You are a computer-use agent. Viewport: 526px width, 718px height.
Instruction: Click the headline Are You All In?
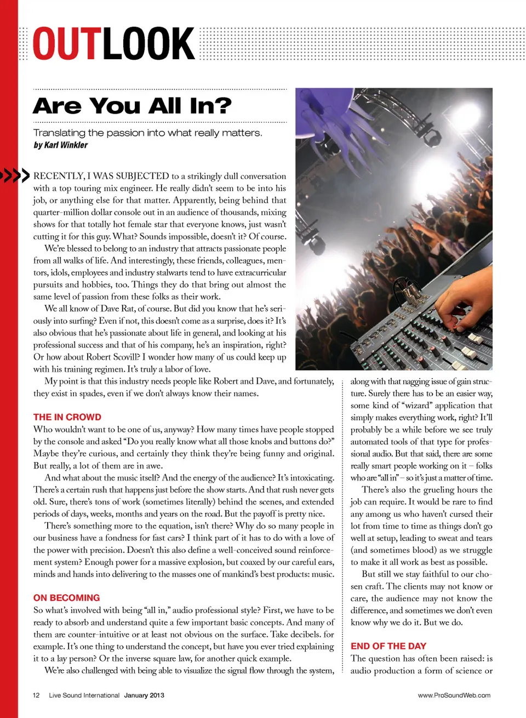132,106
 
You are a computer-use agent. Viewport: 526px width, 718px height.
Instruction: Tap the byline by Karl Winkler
60,145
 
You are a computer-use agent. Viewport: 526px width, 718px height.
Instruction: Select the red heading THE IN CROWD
67,417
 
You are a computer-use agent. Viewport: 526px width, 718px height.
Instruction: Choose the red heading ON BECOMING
66,598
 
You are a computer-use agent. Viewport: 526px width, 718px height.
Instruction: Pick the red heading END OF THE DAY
388,646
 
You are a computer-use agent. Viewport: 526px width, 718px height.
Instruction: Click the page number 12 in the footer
36,696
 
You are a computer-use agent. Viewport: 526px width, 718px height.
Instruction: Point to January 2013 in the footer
144,696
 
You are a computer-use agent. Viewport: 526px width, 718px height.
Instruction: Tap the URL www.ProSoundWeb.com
454,696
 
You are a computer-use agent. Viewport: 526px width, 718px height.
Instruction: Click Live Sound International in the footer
84,696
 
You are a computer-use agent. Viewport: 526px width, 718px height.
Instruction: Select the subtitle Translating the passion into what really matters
147,133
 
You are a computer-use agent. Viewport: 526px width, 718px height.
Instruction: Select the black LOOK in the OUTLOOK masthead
148,44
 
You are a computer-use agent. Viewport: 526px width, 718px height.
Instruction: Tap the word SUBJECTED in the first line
142,176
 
